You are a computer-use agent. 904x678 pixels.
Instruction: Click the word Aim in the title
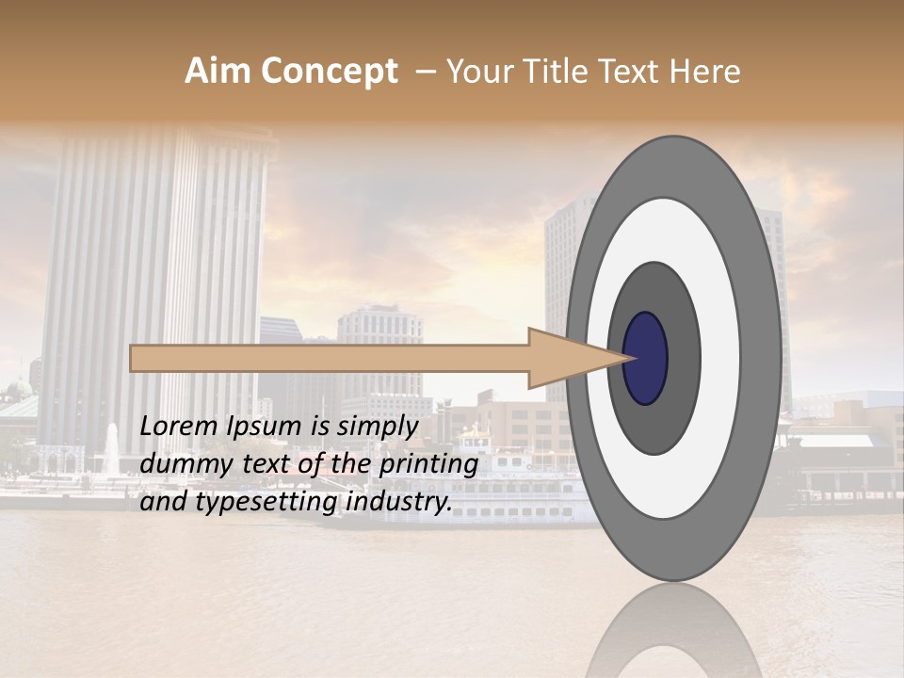216,72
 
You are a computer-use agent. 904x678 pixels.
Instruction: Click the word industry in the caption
399,502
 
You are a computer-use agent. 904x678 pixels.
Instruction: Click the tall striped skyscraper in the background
151,282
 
